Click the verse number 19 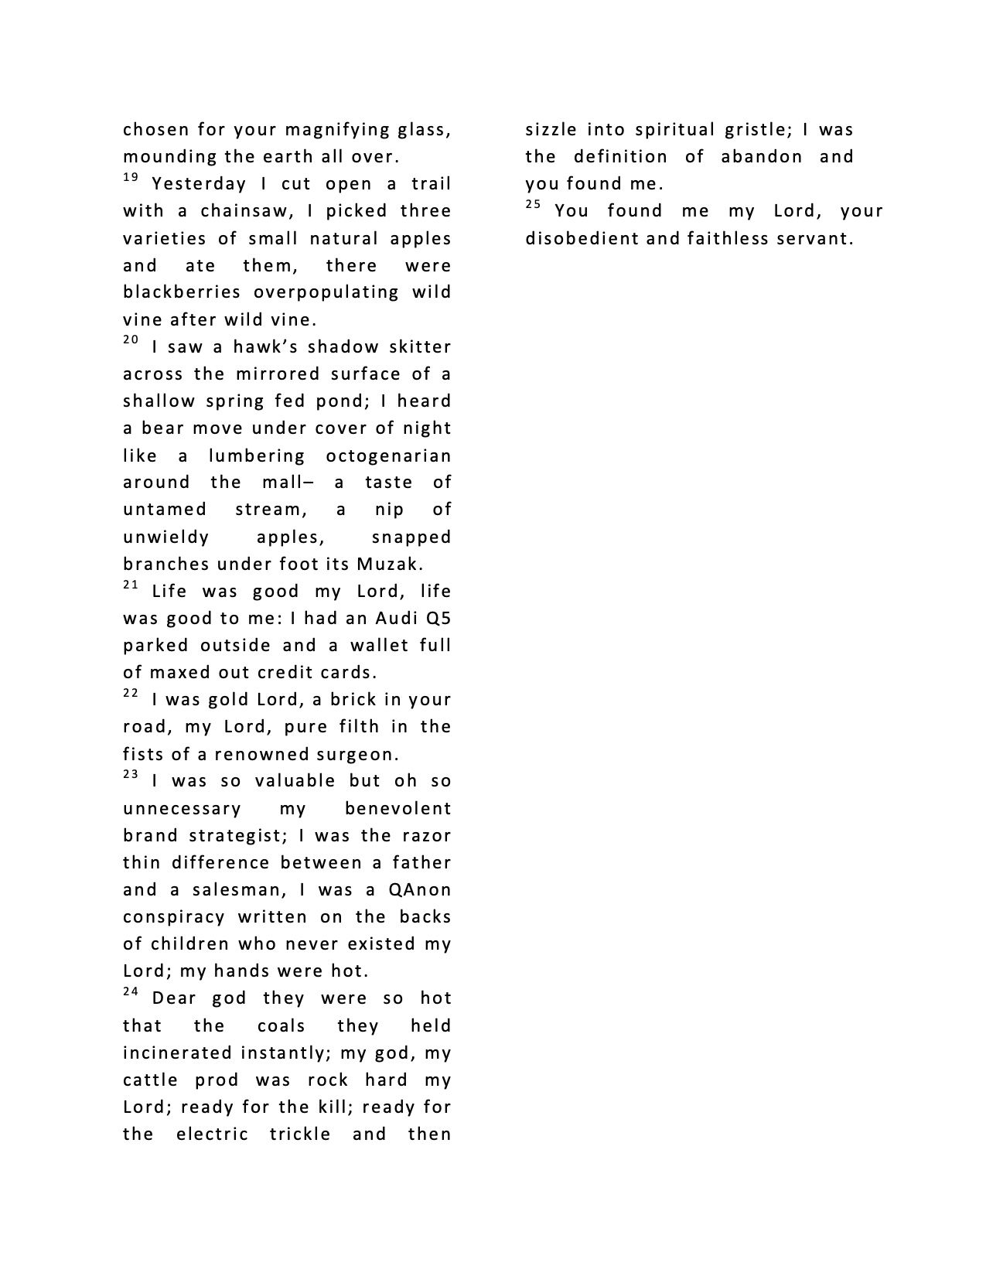(131, 179)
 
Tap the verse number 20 (131, 341)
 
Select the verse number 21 (131, 585)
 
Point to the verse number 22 (131, 694)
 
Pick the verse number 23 (131, 775)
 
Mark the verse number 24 (131, 992)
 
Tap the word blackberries (183, 292)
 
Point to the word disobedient (582, 238)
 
